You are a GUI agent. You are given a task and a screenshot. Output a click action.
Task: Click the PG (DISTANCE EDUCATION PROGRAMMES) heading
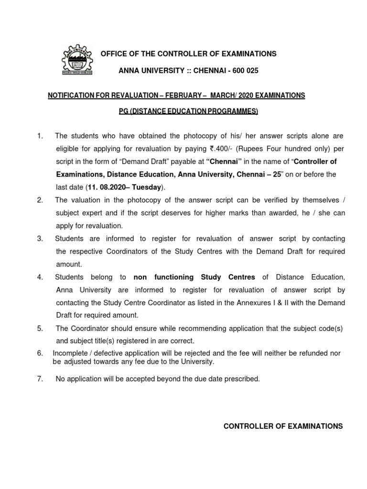(x=188, y=111)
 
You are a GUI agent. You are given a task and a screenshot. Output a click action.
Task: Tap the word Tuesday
(x=146, y=187)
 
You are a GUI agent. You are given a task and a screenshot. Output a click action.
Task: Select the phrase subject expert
(x=79, y=213)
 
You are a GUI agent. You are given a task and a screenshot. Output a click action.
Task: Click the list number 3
(x=40, y=238)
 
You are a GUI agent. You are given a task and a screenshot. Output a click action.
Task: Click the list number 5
(x=40, y=329)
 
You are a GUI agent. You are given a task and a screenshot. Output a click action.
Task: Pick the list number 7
(x=40, y=379)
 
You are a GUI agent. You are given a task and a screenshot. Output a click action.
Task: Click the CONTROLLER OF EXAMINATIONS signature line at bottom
(x=283, y=426)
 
